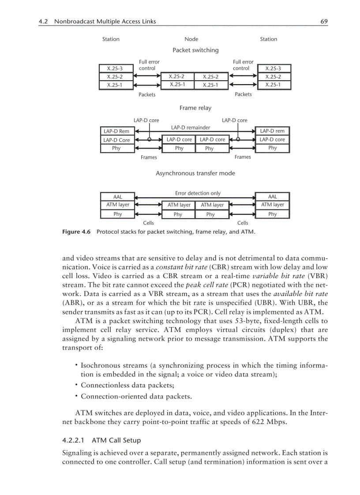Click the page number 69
(x=324, y=21)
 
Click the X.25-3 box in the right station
(x=273, y=68)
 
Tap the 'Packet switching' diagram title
(x=195, y=50)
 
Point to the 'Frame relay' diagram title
(x=195, y=108)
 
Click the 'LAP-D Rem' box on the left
(x=116, y=131)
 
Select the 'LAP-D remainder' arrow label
(x=191, y=127)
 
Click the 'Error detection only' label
(x=198, y=193)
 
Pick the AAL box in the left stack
(x=117, y=197)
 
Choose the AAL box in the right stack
(x=273, y=197)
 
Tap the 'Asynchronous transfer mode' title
(x=195, y=173)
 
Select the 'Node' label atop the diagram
(x=191, y=39)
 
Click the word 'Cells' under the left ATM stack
(x=148, y=223)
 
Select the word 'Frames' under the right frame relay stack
(x=243, y=157)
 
